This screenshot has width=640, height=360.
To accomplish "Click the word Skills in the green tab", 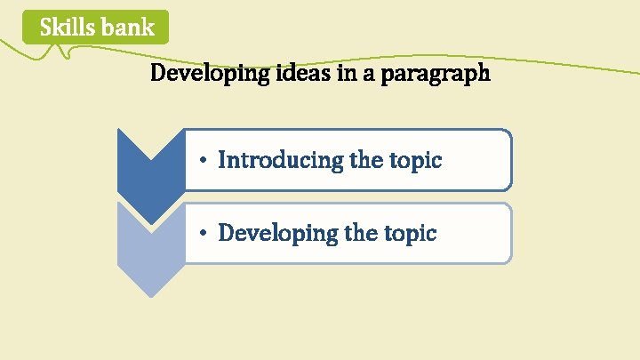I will click(x=68, y=28).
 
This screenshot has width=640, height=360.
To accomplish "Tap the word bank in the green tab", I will click(x=127, y=28).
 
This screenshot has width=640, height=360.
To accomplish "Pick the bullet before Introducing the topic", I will click(x=204, y=161).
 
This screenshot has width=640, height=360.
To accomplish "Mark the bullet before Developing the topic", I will click(x=204, y=234).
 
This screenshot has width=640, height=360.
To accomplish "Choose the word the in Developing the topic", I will click(x=362, y=234).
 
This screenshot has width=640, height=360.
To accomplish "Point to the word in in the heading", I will click(x=347, y=73).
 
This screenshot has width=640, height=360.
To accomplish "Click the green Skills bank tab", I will click(x=97, y=28).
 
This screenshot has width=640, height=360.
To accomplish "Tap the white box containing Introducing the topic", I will click(x=348, y=160).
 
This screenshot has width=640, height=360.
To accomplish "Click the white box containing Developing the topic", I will click(x=348, y=234).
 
